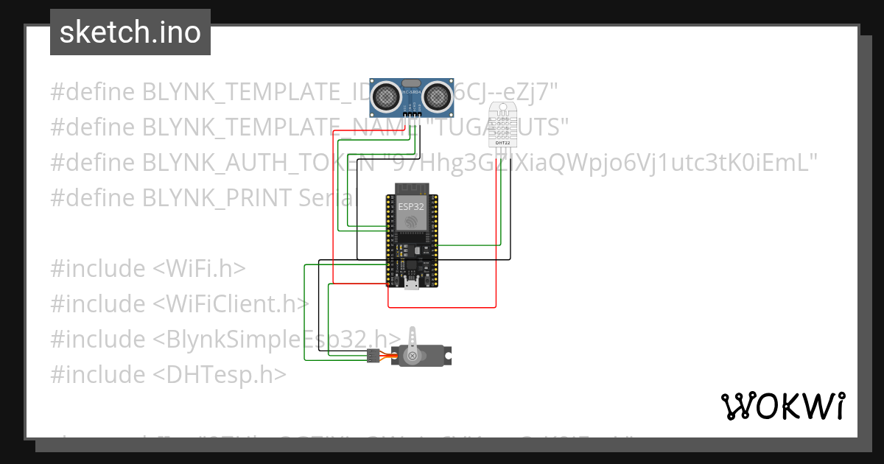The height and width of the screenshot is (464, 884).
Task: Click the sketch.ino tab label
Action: coord(130,32)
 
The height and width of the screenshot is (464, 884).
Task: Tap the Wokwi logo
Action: coord(782,406)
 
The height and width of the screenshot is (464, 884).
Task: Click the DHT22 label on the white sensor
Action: coord(504,141)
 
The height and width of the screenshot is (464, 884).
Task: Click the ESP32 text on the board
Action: coord(411,207)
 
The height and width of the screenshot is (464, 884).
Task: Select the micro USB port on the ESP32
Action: coord(412,284)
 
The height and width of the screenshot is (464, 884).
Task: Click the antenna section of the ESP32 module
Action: coord(412,187)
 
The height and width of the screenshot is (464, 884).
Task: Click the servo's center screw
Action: coord(413,356)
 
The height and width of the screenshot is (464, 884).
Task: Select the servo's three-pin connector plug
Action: coord(373,356)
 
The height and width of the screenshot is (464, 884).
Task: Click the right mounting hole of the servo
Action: coord(446,356)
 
